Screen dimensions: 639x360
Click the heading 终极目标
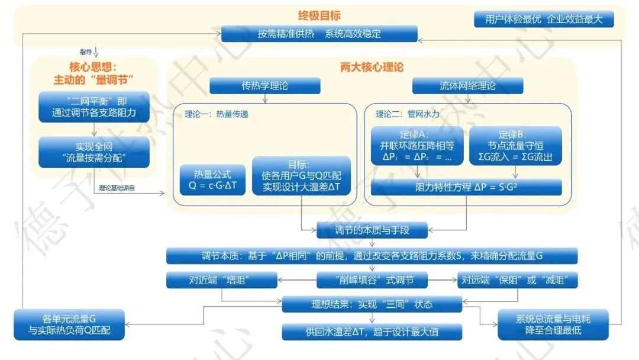(x=319, y=15)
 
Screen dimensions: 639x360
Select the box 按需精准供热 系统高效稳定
(x=319, y=34)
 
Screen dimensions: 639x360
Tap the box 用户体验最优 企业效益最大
(x=544, y=20)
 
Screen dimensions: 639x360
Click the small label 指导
(x=86, y=52)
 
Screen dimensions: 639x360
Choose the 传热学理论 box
(x=264, y=86)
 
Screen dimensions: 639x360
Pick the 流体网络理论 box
(x=467, y=86)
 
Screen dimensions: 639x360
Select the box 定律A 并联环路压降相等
(x=417, y=146)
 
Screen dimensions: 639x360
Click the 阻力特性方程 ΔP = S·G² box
(x=466, y=187)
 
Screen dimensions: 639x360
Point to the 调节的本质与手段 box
(x=372, y=230)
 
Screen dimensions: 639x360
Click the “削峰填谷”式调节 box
(x=372, y=280)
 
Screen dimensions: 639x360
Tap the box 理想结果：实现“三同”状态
(x=372, y=304)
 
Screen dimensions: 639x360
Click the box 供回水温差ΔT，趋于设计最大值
(x=372, y=332)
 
